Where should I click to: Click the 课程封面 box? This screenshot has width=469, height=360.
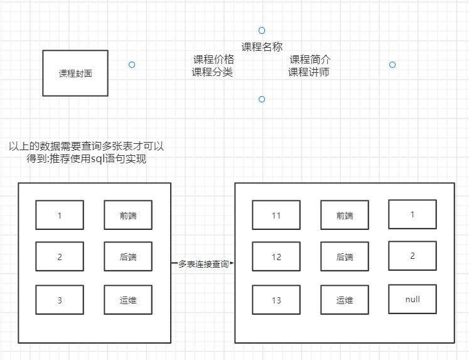75,73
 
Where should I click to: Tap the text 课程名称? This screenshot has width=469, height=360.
262,46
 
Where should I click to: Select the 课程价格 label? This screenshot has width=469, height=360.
213,60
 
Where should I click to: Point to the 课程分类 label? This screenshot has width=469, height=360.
212,72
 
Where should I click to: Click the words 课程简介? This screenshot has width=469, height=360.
310,60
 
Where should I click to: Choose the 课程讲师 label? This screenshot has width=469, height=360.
309,72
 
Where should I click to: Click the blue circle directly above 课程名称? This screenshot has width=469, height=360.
262,30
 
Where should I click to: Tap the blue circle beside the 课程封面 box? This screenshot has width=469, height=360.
132,65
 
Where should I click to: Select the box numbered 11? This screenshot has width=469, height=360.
276,215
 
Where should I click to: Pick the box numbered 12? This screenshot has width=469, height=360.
276,257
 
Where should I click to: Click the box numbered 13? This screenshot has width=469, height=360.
276,300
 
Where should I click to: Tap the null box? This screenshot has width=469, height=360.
412,299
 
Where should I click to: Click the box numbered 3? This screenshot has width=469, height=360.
60,300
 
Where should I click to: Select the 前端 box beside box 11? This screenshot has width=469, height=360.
345,215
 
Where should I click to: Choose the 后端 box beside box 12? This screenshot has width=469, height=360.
345,257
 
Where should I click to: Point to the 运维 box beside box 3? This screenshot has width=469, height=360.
128,300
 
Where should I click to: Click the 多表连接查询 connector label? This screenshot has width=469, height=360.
203,264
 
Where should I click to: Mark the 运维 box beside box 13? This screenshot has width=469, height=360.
345,300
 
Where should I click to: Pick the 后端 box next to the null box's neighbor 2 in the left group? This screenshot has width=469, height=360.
128,257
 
